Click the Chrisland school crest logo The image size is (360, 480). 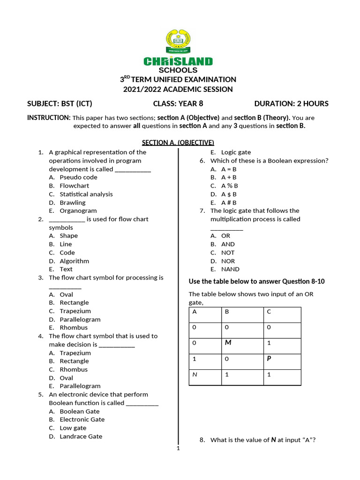click(178, 43)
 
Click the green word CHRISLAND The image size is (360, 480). click(178, 61)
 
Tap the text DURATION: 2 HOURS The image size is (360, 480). click(291, 104)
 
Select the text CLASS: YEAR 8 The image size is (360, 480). click(178, 104)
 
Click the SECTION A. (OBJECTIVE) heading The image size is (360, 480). click(178, 142)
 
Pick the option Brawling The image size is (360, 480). click(72, 202)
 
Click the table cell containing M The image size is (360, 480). click(244, 346)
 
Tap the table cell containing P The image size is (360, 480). click(282, 361)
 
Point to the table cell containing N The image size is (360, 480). click(207, 377)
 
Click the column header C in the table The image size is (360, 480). click(282, 315)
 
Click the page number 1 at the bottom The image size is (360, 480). click(178, 448)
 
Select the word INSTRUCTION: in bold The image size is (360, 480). click(49, 118)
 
